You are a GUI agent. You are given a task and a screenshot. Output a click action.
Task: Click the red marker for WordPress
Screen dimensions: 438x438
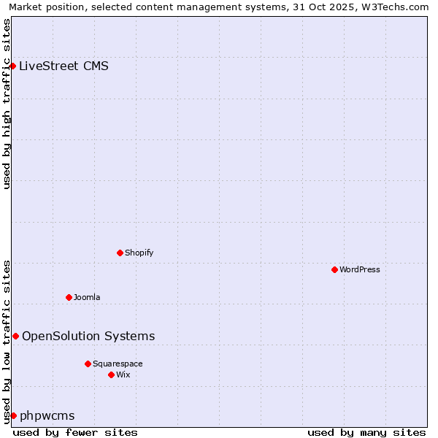pos(334,269)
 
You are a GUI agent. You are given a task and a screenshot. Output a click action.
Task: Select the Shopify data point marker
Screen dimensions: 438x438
pos(120,253)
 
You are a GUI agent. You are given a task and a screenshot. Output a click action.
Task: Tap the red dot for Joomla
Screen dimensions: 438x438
pos(69,297)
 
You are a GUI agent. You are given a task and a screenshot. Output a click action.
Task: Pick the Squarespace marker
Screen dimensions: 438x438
pos(88,364)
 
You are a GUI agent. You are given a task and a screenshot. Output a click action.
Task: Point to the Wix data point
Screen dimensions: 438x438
pos(111,374)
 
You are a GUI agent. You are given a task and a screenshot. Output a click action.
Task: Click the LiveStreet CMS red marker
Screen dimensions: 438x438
pos(12,66)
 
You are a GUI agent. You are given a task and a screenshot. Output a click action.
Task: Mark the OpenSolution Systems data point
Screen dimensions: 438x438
pos(15,336)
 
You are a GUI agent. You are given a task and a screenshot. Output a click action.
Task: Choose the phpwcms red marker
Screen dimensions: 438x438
pos(13,415)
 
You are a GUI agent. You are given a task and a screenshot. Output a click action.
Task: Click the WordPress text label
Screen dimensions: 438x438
pos(360,269)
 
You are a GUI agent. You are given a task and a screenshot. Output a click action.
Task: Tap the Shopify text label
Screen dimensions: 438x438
pos(139,253)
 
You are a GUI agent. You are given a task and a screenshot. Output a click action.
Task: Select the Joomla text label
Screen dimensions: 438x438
pos(87,297)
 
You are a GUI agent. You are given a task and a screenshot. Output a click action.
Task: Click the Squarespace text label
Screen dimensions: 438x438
pos(118,364)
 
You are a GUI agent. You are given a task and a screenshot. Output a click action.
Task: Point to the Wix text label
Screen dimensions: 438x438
pos(123,374)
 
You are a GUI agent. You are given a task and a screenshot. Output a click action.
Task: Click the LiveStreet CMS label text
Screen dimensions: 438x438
pos(64,66)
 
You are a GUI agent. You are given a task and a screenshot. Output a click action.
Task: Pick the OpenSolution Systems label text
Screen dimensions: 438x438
pos(88,336)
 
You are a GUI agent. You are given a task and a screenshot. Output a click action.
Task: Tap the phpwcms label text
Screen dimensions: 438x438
pos(47,416)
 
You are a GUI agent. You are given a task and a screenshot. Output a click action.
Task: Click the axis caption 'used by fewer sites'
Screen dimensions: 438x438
pos(75,432)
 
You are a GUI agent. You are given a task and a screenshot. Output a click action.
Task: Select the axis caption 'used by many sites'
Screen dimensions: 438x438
pos(366,432)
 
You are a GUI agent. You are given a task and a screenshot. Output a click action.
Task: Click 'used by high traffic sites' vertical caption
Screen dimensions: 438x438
pos(7,104)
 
